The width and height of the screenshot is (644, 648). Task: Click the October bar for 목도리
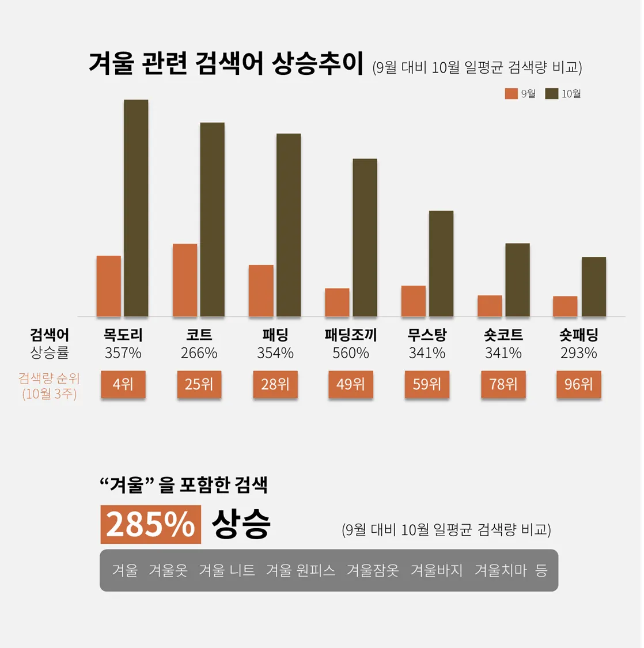point(136,208)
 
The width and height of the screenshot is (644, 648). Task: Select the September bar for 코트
point(185,280)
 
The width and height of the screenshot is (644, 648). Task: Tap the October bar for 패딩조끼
point(365,237)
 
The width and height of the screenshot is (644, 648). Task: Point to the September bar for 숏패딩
point(565,306)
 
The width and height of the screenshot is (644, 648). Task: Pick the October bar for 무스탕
point(441,263)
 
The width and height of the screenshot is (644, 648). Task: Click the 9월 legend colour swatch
point(511,94)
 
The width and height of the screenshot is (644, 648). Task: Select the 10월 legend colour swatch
point(552,94)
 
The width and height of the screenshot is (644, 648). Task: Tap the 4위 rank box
point(123,384)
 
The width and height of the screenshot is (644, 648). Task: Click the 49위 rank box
point(351,384)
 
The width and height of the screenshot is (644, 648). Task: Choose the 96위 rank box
point(578,384)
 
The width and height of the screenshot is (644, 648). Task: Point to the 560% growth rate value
point(350,353)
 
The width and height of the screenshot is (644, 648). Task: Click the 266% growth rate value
point(199,353)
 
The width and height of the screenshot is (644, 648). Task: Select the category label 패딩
point(275,335)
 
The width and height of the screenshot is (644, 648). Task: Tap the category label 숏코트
point(503,335)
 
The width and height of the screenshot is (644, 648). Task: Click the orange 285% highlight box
point(150,524)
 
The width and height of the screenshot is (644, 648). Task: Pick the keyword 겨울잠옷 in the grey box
point(372,570)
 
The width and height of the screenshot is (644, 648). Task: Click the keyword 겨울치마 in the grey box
point(500,570)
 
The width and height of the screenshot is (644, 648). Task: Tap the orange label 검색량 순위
point(49,378)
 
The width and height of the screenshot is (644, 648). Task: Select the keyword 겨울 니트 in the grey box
point(226,570)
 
